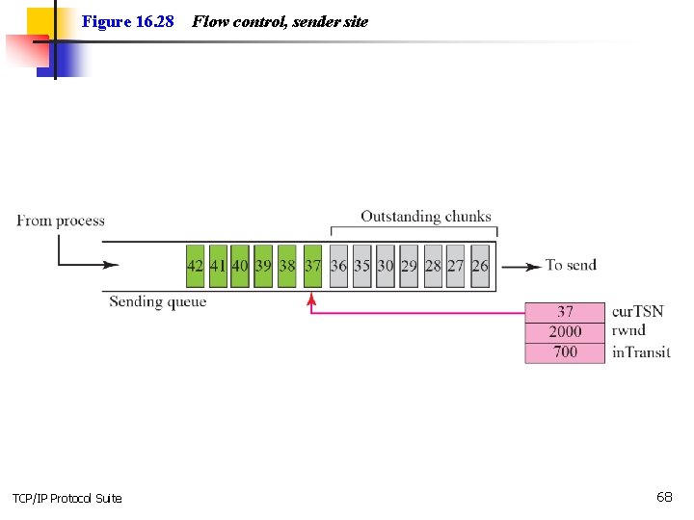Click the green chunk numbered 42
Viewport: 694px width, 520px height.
pos(196,266)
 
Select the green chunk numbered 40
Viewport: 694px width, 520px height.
pos(240,266)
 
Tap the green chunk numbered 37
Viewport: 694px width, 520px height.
pos(312,266)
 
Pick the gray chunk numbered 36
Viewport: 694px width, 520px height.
pos(338,266)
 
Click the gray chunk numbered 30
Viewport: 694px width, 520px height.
pos(386,266)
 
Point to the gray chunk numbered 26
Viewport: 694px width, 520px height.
pos(480,266)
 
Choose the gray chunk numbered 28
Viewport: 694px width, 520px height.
pos(433,266)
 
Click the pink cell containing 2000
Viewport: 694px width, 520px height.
pos(566,331)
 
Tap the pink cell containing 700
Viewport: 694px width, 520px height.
pos(566,352)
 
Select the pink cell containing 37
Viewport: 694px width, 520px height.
pos(566,311)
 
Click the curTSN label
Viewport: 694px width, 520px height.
pos(637,311)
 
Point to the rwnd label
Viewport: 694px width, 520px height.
pos(628,331)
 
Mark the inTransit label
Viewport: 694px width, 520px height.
pos(641,352)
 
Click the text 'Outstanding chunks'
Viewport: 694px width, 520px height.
pos(425,217)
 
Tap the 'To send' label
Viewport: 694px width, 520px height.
pos(571,265)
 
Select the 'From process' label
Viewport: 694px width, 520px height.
pos(61,221)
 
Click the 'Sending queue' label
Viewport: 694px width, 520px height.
pos(157,301)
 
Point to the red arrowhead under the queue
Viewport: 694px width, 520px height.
pos(311,300)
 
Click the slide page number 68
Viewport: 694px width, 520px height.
pos(664,497)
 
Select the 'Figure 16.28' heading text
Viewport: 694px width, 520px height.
pos(127,21)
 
